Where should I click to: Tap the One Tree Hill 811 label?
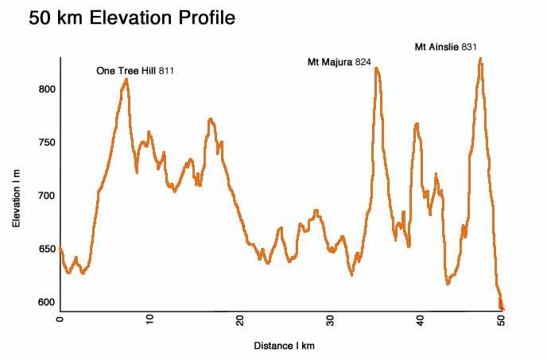click(135, 71)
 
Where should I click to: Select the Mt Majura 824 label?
click(339, 61)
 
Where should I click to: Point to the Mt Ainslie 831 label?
click(446, 48)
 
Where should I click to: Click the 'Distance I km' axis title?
click(285, 346)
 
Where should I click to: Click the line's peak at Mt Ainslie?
click(480, 58)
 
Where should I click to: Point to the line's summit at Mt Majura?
click(376, 68)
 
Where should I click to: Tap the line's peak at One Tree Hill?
click(126, 79)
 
